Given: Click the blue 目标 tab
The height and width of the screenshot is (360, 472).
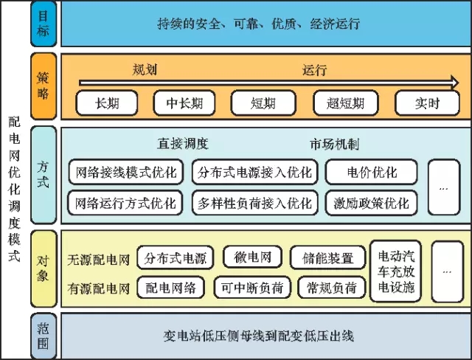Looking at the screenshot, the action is point(44,24).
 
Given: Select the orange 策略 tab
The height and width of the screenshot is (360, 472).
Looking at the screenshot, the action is point(44,86).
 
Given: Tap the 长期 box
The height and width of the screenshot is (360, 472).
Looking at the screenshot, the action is point(107,103).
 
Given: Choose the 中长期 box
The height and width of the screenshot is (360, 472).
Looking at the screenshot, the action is point(184,103).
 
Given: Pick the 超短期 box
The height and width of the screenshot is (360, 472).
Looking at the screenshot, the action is point(345,103).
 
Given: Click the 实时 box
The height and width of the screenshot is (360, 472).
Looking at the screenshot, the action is point(427,103).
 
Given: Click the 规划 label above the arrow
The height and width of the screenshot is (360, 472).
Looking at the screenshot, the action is point(145,69).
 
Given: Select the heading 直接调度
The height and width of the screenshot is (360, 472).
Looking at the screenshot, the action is point(183,144).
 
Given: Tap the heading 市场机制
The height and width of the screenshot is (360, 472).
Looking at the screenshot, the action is point(334,144).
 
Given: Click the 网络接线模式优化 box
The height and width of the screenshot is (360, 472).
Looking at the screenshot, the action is point(126,172).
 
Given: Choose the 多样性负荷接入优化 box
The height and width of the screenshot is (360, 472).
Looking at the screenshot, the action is point(255,203).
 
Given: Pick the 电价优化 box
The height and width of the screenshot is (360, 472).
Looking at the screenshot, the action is point(372,172).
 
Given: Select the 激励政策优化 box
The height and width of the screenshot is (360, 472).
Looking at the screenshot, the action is point(372,203).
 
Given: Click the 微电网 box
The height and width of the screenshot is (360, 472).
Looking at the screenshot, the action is point(252,257).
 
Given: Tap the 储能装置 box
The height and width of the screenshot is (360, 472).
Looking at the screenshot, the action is point(327,257).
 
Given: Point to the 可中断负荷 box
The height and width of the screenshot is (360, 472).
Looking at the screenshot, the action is point(252,288).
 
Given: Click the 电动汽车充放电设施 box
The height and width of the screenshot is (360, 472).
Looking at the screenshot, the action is point(396,271).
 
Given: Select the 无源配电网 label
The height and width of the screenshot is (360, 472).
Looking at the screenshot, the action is point(98,260).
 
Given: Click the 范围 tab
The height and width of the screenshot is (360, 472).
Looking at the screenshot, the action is point(44,336).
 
